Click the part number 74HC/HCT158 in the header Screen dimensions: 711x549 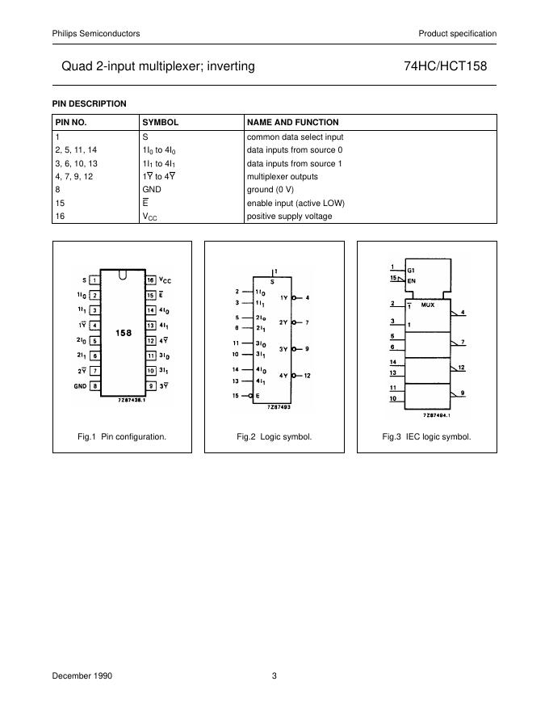(x=445, y=67)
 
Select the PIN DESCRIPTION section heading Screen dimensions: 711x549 (x=90, y=103)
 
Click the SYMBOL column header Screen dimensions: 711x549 (x=160, y=122)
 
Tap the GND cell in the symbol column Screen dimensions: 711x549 (x=152, y=189)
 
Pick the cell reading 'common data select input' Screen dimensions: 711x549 (x=295, y=137)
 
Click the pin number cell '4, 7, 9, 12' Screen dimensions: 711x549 (x=74, y=176)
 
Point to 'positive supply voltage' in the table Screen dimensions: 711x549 (x=289, y=216)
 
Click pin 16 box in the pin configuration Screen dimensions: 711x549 (x=150, y=280)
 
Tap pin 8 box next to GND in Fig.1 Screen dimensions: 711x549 (x=95, y=386)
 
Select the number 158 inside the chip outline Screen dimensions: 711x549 (x=123, y=332)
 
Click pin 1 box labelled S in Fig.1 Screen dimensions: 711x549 (x=95, y=280)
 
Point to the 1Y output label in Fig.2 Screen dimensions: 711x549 (x=283, y=298)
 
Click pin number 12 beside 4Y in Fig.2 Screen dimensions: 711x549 (x=308, y=376)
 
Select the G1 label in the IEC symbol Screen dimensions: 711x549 (x=411, y=269)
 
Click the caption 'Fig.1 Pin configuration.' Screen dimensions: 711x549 (x=122, y=436)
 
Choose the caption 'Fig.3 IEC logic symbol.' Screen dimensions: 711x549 (x=426, y=436)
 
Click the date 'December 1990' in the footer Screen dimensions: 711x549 (x=78, y=676)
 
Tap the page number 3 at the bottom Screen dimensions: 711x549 (x=274, y=676)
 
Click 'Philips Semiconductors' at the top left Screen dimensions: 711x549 (x=96, y=33)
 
